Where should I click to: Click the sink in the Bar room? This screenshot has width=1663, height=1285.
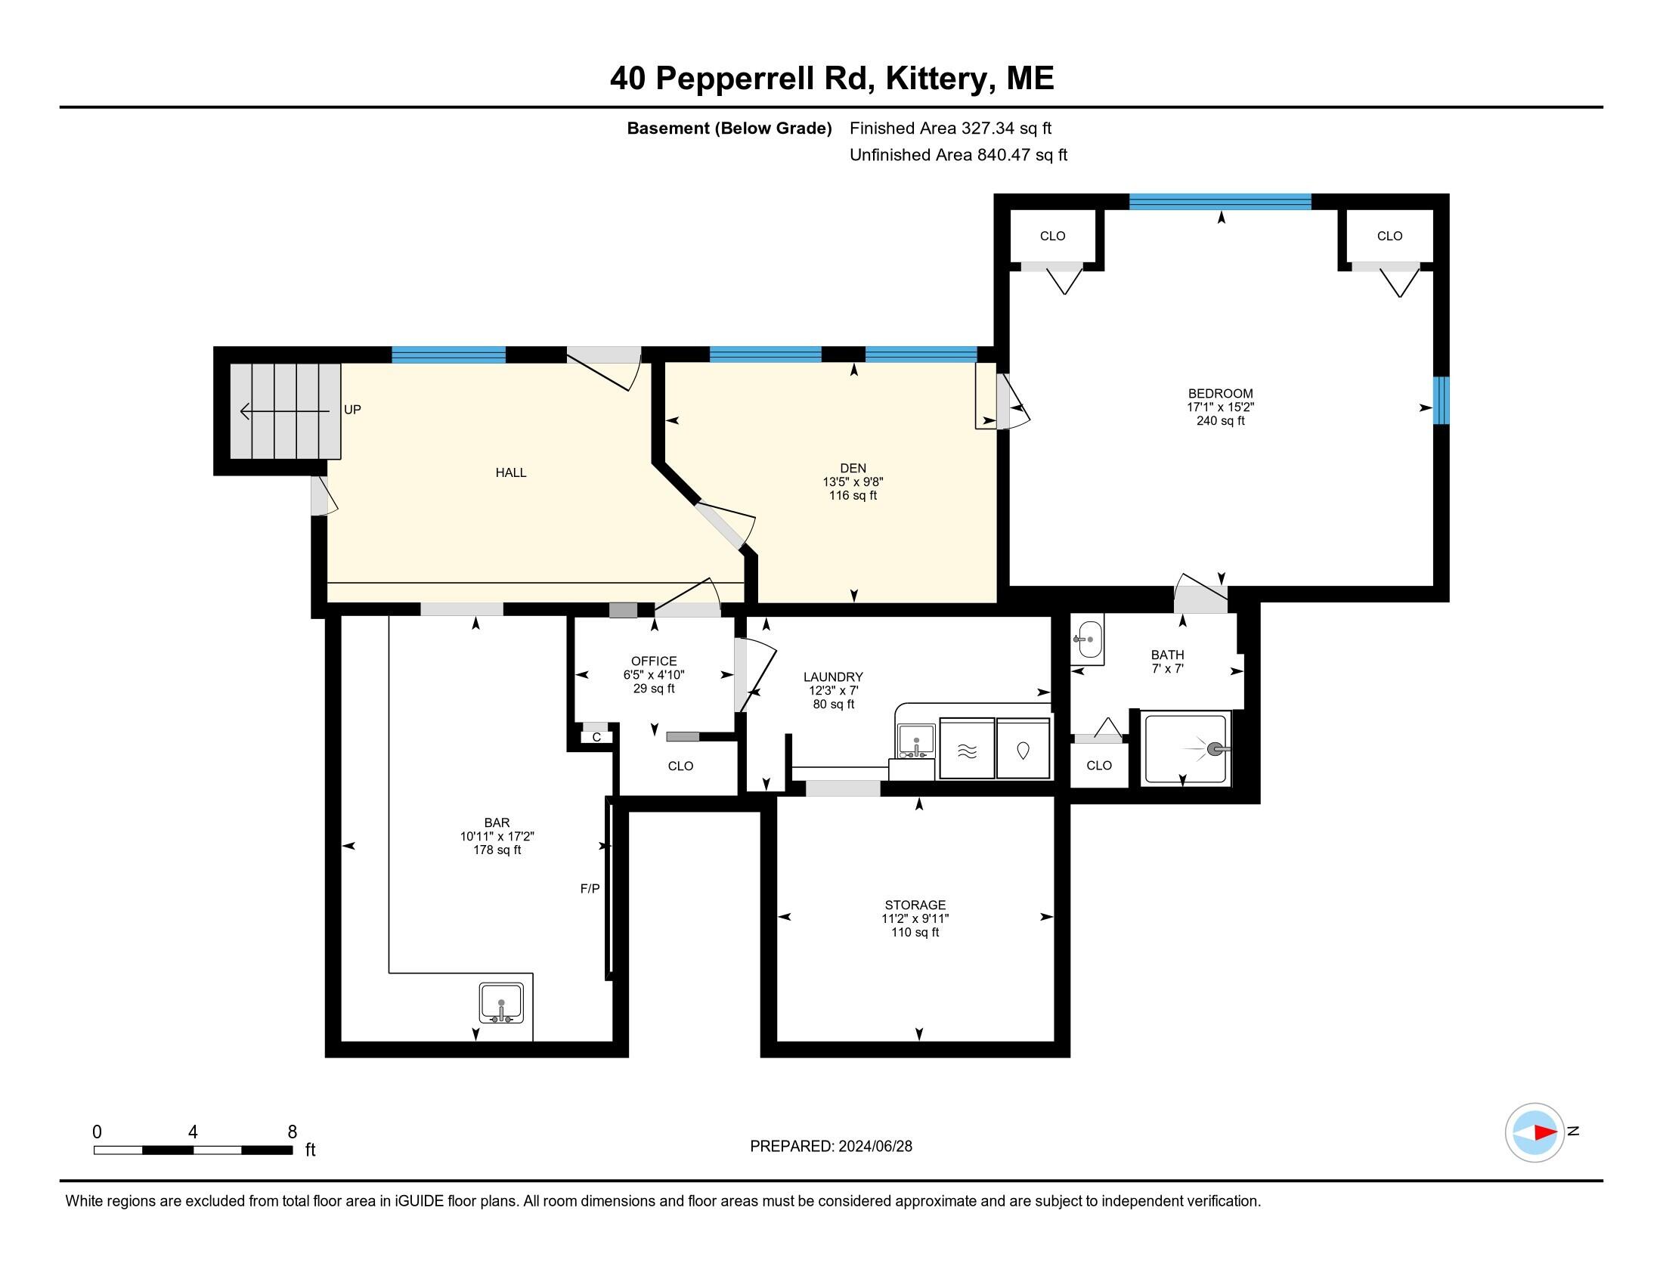point(501,1002)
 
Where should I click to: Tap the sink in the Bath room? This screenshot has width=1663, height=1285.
point(1089,639)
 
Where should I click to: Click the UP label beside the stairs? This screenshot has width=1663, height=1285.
point(352,410)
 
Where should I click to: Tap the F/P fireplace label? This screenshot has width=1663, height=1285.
point(590,888)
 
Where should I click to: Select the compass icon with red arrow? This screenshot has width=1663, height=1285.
point(1534,1132)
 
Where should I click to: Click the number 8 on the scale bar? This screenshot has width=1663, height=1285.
point(293,1132)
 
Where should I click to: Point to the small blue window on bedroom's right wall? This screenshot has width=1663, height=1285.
point(1441,401)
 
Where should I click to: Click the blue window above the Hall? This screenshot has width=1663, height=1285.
point(448,355)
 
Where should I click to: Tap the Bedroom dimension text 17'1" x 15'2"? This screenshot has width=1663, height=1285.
point(1220,407)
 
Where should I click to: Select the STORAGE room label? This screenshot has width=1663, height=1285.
point(915,905)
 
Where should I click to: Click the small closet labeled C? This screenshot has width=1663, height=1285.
point(596,737)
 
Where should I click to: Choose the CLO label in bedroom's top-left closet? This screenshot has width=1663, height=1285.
point(1052,236)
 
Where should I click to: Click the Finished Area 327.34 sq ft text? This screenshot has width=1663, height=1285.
point(950,128)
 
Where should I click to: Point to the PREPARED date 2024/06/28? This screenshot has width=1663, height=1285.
point(831,1147)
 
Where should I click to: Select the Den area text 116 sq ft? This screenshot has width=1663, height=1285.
point(853,496)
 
